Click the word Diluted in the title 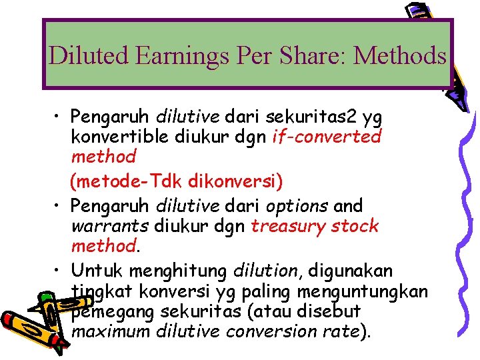pyautogui.click(x=89, y=55)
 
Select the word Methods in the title pyautogui.click(x=399, y=55)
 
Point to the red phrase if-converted pyautogui.click(x=327, y=137)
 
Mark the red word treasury pyautogui.click(x=287, y=225)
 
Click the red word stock pyautogui.click(x=353, y=225)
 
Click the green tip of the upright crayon pyautogui.click(x=45, y=295)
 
